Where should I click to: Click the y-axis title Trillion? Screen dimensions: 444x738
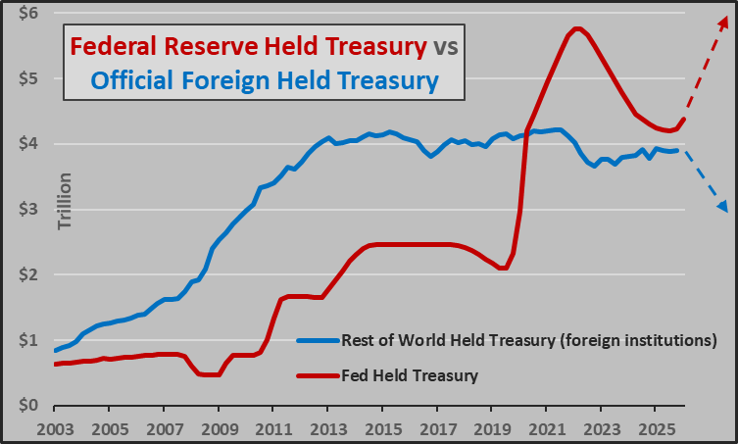(x=66, y=202)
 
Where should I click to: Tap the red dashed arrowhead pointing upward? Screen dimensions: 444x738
(x=721, y=23)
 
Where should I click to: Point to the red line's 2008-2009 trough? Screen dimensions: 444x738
(x=208, y=374)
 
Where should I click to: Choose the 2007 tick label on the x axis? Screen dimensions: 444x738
(x=165, y=428)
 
